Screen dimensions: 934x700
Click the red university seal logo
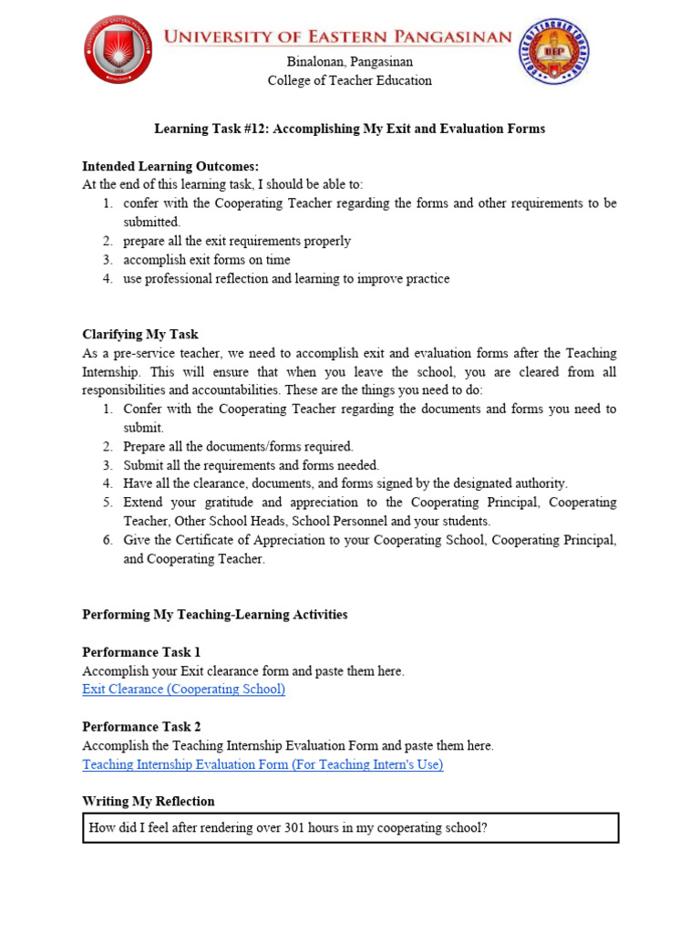pyautogui.click(x=118, y=49)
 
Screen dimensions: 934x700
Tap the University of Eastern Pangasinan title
pyautogui.click(x=338, y=37)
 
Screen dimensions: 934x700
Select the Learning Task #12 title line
pyautogui.click(x=349, y=129)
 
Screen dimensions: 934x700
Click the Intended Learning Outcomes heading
pyautogui.click(x=170, y=166)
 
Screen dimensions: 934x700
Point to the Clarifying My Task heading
pyautogui.click(x=140, y=335)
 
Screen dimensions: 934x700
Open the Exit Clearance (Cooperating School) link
pyautogui.click(x=183, y=690)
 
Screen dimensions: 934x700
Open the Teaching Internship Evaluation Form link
pyautogui.click(x=262, y=765)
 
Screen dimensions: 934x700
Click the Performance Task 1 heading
pyautogui.click(x=141, y=652)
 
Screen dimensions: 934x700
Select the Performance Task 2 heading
pyautogui.click(x=141, y=727)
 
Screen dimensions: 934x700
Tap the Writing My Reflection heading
pyautogui.click(x=149, y=802)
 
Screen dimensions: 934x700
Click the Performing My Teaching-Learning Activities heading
pyautogui.click(x=215, y=615)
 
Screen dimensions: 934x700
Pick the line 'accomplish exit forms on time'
pyautogui.click(x=206, y=260)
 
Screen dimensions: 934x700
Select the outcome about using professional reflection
pyautogui.click(x=286, y=279)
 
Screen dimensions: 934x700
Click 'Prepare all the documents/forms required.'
pyautogui.click(x=238, y=447)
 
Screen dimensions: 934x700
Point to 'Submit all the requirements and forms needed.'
pyautogui.click(x=251, y=465)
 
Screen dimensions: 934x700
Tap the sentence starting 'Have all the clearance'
pyautogui.click(x=345, y=483)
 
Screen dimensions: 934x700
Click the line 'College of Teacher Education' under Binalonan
pyautogui.click(x=349, y=80)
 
